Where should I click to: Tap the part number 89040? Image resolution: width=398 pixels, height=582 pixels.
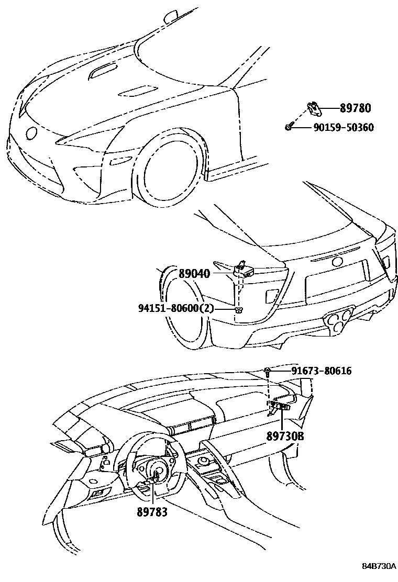click(194, 273)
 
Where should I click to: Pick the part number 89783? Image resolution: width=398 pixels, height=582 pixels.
click(151, 512)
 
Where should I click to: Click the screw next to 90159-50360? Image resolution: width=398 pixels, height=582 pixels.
click(289, 127)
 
